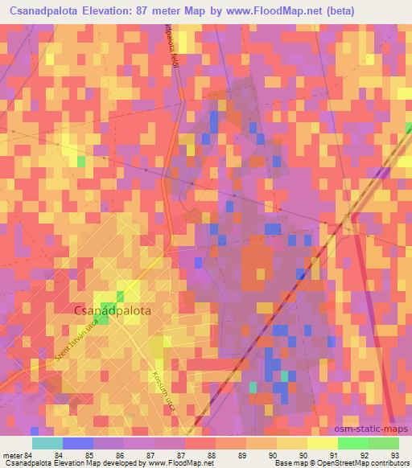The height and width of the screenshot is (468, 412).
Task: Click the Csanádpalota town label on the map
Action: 112,308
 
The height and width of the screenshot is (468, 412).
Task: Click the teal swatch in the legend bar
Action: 47,443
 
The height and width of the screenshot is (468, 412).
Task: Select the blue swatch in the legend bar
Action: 77,443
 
